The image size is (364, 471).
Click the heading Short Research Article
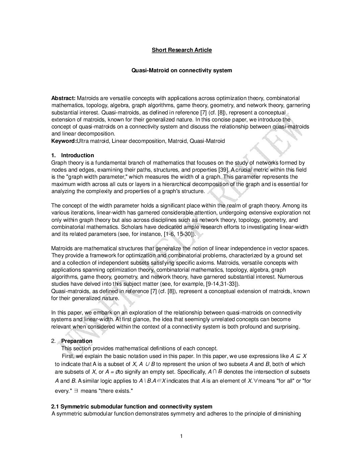[x=182, y=50]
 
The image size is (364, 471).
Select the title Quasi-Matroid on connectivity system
[x=182, y=71]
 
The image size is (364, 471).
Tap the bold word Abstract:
[x=63, y=98]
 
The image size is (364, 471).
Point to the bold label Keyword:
[x=64, y=141]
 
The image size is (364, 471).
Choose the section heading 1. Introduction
[x=73, y=156]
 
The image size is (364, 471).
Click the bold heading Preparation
[x=77, y=341]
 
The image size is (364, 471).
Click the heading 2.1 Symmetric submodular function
[x=131, y=407]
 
